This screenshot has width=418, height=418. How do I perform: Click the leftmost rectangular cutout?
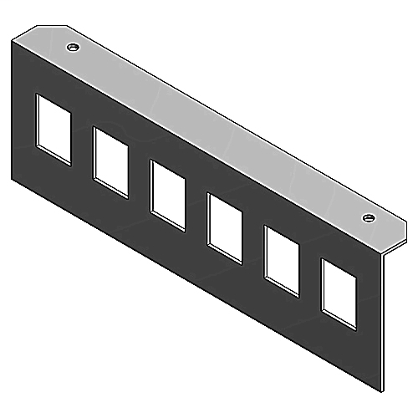pyautogui.click(x=53, y=128)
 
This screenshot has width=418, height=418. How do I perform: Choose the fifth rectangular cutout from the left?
pyautogui.click(x=281, y=260)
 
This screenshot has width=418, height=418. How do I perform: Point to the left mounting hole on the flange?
pyautogui.click(x=74, y=48)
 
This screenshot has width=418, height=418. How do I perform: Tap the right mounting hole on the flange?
pyautogui.click(x=368, y=218)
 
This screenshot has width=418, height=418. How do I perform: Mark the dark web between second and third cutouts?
pyautogui.click(x=139, y=178)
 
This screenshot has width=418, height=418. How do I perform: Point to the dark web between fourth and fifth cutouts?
pyautogui.click(x=252, y=243)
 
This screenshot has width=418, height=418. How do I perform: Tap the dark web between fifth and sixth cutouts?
pyautogui.click(x=309, y=277)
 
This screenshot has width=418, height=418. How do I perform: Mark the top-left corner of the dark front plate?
pyautogui.click(x=14, y=40)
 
